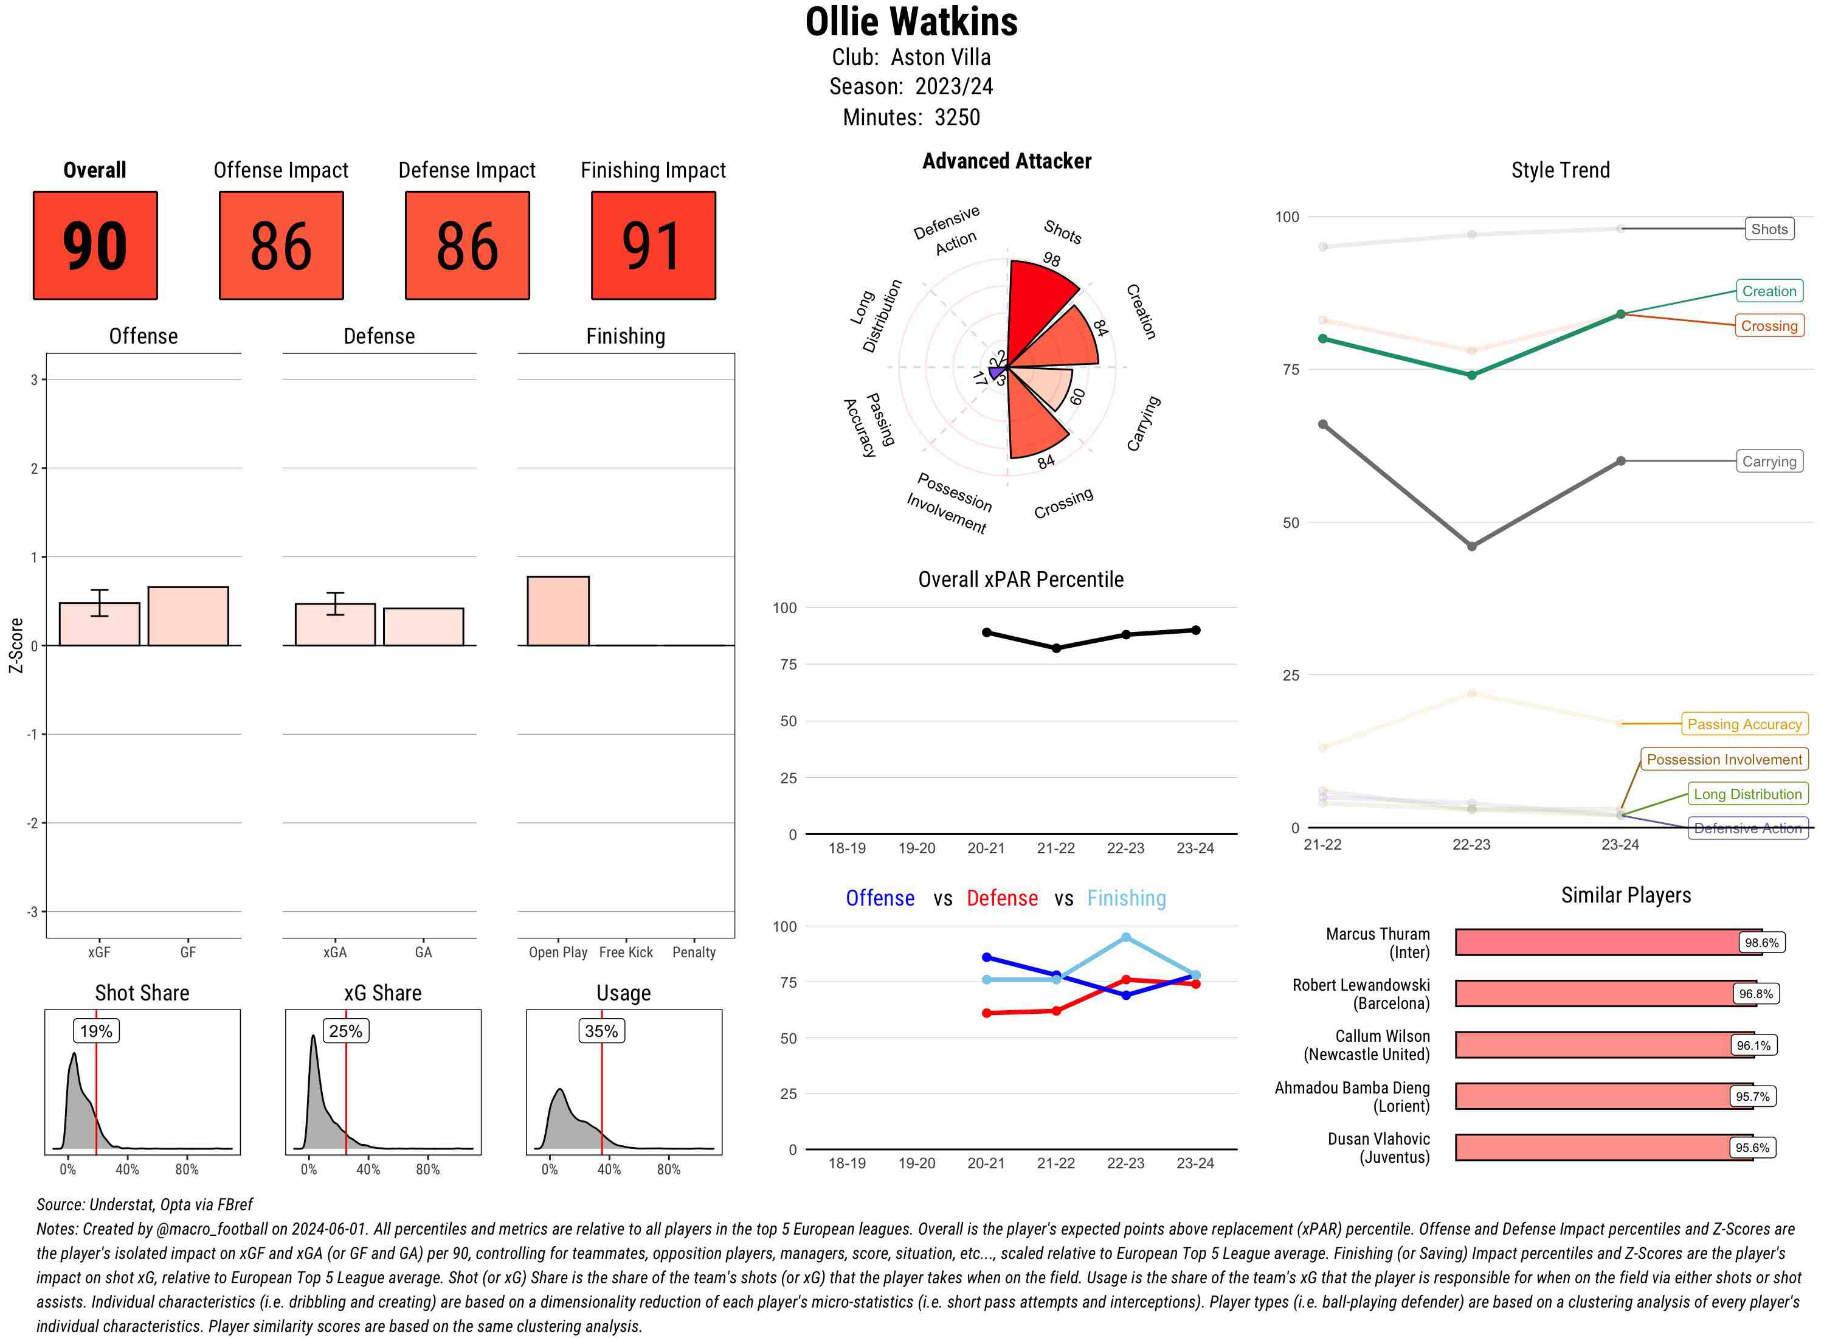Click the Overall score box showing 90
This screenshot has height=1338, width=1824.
click(95, 246)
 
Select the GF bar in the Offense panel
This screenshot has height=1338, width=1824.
click(188, 615)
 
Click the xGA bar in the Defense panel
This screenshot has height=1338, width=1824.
click(334, 625)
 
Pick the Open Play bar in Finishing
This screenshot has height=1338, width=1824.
click(558, 611)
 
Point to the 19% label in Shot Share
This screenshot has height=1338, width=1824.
click(95, 1031)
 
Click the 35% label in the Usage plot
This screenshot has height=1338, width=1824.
click(601, 1031)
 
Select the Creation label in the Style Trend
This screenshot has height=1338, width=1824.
click(1768, 291)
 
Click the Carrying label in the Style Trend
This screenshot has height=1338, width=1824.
click(1768, 462)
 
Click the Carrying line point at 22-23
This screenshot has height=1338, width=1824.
click(1471, 547)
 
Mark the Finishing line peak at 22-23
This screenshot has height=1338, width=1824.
click(1125, 938)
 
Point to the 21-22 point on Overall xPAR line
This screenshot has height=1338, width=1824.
click(1055, 648)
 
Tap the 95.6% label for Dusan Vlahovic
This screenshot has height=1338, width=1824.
click(1751, 1148)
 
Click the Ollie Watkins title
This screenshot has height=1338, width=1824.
click(911, 23)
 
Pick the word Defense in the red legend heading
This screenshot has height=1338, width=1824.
click(1001, 898)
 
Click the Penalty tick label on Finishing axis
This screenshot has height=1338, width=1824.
click(693, 952)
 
